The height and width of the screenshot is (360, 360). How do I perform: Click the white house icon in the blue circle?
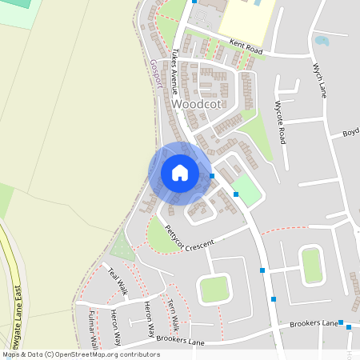click(179, 173)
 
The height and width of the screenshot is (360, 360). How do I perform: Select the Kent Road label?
click(246, 50)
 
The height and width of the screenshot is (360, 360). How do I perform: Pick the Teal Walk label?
click(118, 282)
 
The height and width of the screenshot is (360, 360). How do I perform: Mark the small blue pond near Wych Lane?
click(322, 40)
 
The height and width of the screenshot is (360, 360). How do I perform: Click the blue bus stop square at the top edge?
click(194, 2)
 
